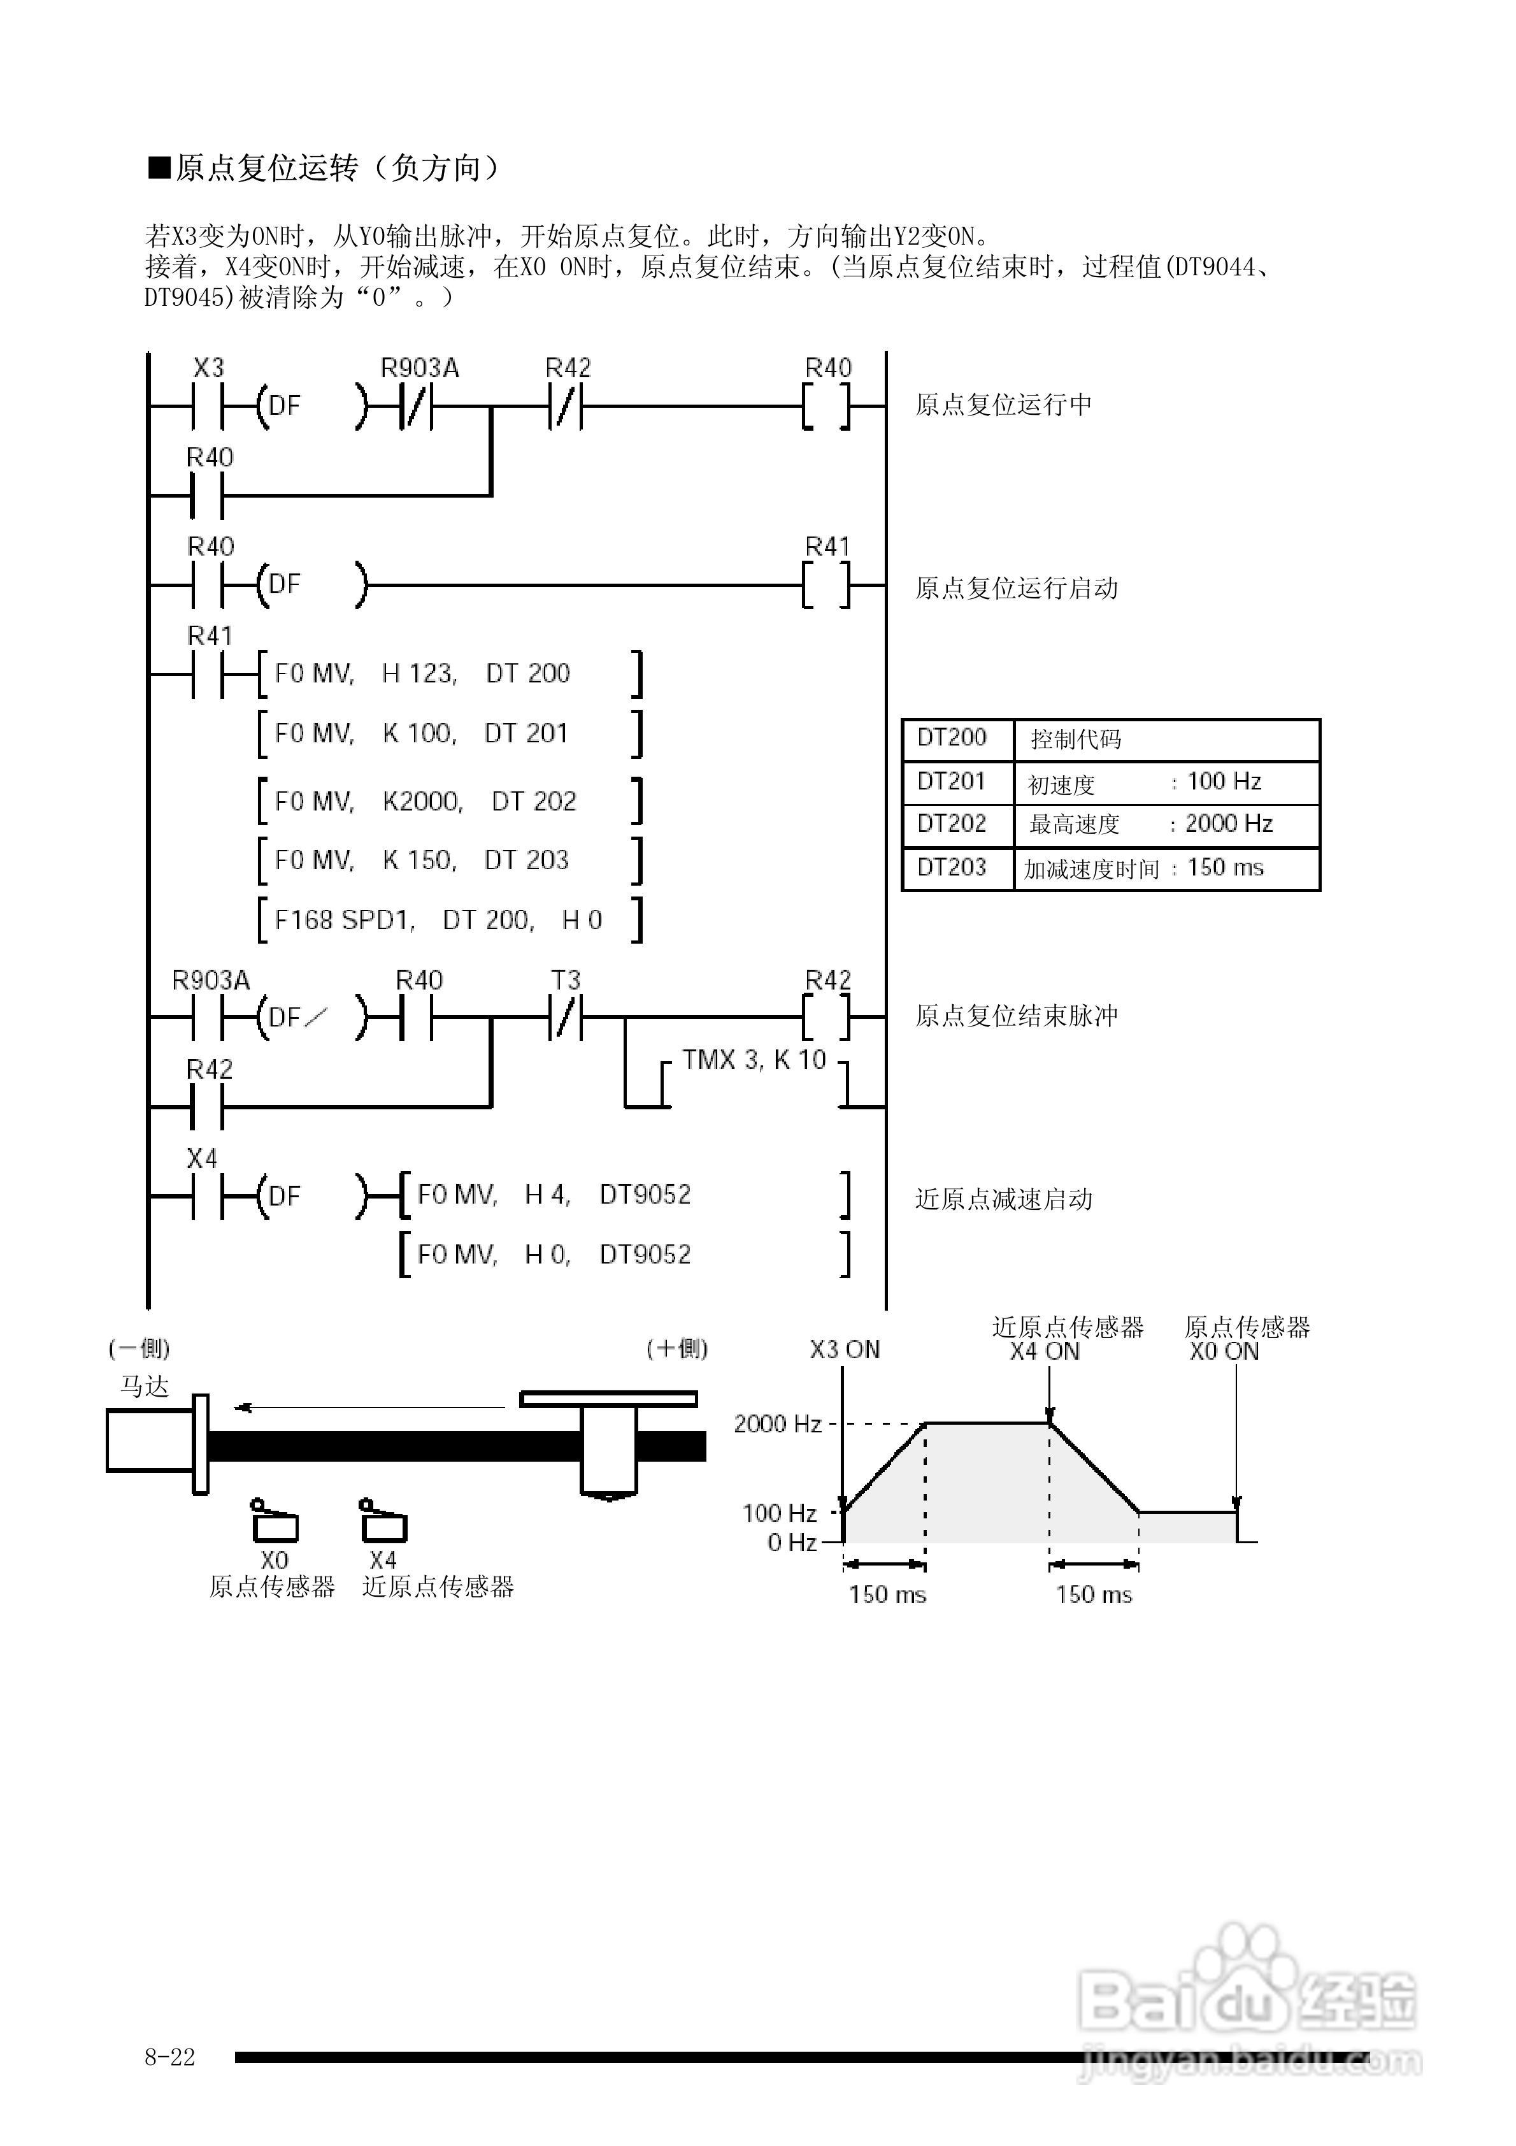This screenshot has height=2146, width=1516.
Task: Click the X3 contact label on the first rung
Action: (x=208, y=368)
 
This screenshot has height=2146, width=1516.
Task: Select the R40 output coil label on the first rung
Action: (x=828, y=368)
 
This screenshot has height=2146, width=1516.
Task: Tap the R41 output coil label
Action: (x=828, y=547)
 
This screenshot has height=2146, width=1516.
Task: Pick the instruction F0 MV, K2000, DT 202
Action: (x=425, y=801)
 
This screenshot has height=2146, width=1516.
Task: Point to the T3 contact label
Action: (x=566, y=981)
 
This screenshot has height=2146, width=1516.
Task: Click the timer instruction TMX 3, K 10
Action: (x=754, y=1060)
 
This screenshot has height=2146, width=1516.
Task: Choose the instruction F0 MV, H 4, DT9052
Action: (x=554, y=1195)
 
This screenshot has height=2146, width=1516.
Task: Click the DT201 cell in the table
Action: (x=952, y=781)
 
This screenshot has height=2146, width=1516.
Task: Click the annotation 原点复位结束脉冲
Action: (x=1016, y=1016)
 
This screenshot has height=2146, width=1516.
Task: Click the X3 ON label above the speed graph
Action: (x=845, y=1350)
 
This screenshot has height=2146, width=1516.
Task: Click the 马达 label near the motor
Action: (x=144, y=1386)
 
